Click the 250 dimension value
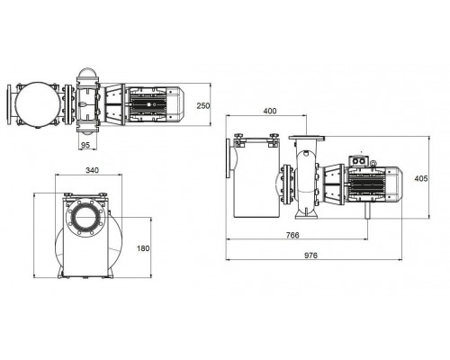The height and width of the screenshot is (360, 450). point(203,106)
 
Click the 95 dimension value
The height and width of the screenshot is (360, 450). point(85,145)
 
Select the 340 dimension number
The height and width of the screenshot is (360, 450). point(92,170)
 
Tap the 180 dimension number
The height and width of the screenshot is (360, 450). point(143,248)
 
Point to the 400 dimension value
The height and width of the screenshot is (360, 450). point(270,111)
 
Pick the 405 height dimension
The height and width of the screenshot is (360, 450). point(421,178)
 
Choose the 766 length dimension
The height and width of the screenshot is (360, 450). point(292,235)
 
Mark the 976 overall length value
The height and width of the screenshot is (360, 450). point(310,256)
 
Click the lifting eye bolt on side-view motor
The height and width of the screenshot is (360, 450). point(373,164)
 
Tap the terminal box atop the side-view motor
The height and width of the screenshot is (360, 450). point(357,161)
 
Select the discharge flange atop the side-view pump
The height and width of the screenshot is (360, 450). point(307,138)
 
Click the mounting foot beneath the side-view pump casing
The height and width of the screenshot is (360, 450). point(306,212)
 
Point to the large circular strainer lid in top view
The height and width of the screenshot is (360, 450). point(38,104)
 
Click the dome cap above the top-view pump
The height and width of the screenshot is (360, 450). point(87,73)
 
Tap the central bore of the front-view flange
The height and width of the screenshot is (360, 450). point(85,217)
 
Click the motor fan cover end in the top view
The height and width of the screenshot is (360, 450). point(175,104)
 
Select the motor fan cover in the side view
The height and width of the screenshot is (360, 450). point(393,183)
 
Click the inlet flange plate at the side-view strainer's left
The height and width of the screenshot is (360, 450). point(229,158)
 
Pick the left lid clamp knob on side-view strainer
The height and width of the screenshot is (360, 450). point(239,139)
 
